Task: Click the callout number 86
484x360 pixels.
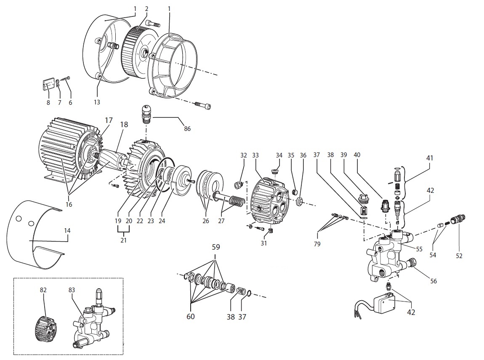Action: [x=187, y=128]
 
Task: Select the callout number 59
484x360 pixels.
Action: [x=215, y=247]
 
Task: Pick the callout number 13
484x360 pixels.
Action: [x=98, y=102]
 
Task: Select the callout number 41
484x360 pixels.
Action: [x=429, y=158]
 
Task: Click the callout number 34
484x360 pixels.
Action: [x=279, y=155]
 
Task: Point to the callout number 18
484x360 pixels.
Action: [x=124, y=125]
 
